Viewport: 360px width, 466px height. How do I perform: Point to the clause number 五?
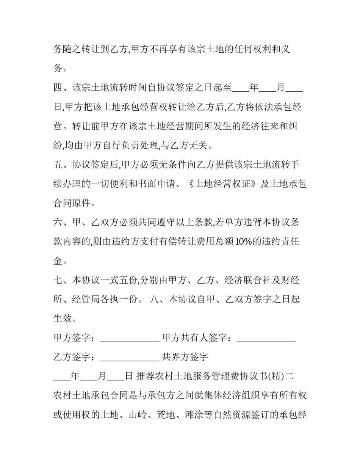[58, 165]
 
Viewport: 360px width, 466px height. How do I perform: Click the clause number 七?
[58, 281]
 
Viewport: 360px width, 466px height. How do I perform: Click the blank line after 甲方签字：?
[129, 338]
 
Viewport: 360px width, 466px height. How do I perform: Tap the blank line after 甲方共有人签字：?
[266, 338]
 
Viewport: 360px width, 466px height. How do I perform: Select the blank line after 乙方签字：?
[129, 357]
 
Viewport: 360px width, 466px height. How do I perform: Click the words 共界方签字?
[185, 357]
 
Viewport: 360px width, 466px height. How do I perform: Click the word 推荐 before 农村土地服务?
[145, 377]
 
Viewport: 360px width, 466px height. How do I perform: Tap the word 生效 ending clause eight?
[63, 319]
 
